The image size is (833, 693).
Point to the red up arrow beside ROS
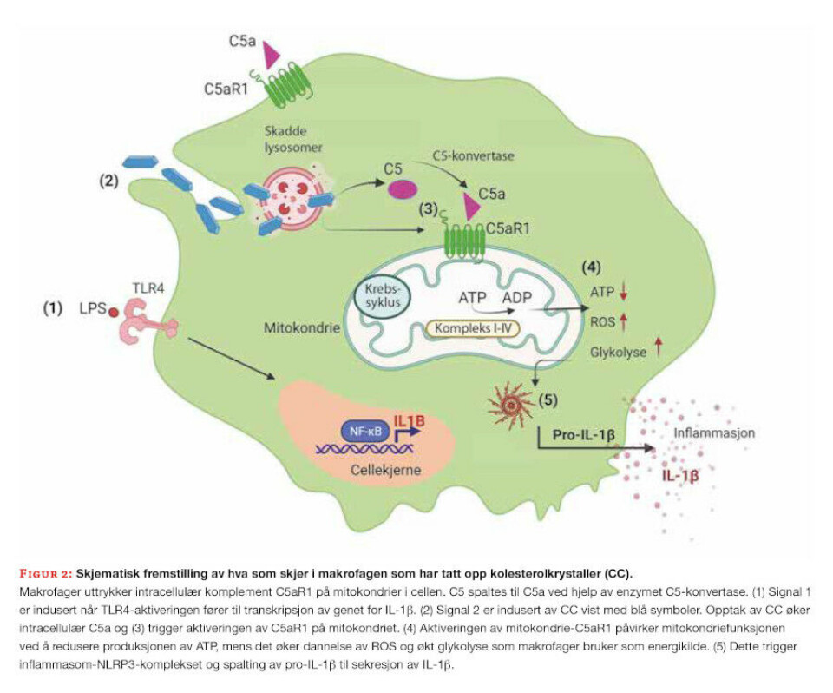622,323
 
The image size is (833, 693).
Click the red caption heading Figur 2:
45,574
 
